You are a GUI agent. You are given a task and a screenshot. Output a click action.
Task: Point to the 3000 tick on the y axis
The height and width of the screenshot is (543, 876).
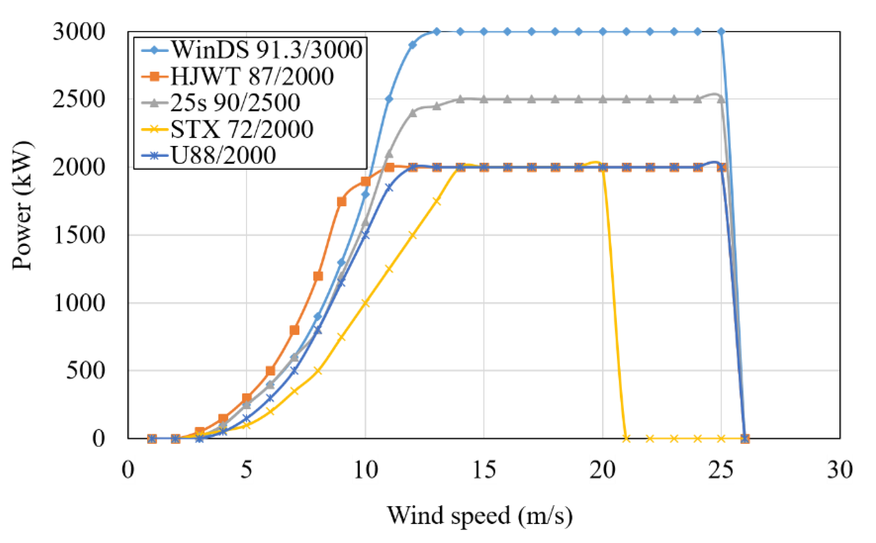79,32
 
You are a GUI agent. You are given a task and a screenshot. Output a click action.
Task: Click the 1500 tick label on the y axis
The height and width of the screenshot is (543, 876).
79,235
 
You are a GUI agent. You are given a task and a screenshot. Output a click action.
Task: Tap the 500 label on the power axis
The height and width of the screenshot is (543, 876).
85,371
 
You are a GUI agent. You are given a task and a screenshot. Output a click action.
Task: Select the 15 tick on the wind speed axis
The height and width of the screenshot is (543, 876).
484,470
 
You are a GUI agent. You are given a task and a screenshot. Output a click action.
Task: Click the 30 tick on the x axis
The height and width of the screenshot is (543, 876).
839,470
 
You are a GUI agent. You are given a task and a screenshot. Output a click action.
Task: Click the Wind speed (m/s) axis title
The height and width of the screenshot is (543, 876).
480,516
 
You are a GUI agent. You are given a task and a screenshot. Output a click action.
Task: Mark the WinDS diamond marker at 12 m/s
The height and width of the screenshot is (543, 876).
413,45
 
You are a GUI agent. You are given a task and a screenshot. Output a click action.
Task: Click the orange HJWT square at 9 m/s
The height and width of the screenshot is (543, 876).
342,202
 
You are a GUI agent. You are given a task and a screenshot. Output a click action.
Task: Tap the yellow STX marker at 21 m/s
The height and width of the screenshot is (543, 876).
626,438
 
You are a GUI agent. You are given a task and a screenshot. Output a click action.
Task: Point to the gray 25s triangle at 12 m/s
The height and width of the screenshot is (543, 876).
413,113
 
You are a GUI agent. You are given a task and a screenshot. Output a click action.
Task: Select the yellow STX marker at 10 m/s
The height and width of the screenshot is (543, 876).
366,303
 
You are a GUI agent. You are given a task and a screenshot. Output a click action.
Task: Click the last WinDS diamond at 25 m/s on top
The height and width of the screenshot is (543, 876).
721,32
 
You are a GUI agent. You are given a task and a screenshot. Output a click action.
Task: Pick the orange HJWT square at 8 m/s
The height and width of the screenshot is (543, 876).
318,276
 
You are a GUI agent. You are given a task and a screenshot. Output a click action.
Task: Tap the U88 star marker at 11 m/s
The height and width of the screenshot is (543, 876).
389,188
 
